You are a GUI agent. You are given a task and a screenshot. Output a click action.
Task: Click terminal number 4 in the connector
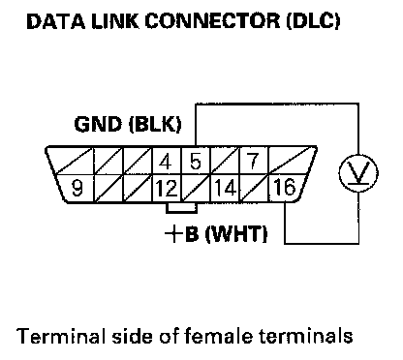click(166, 162)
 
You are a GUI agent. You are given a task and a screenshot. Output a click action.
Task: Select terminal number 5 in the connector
click(195, 162)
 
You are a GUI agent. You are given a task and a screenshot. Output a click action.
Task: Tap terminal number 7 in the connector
click(253, 161)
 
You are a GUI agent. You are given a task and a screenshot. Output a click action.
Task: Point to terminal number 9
click(77, 188)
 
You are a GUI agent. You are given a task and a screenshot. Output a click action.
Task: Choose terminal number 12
click(167, 188)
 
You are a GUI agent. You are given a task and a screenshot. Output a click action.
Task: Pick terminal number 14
click(225, 188)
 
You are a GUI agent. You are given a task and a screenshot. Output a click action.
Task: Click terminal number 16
click(284, 187)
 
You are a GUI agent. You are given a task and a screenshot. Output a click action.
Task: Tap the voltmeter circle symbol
click(358, 173)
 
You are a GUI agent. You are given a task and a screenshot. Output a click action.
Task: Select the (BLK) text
click(155, 125)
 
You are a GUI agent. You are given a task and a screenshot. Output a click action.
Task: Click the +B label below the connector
click(182, 233)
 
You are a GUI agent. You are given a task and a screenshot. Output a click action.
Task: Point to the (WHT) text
click(236, 234)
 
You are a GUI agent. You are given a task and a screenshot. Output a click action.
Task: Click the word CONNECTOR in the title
click(212, 21)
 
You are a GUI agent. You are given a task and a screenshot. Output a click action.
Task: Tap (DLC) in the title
click(313, 21)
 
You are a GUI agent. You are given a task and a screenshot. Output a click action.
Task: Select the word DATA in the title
click(56, 22)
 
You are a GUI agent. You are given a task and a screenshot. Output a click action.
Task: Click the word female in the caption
click(219, 336)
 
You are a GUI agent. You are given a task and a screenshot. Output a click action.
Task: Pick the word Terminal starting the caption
click(61, 336)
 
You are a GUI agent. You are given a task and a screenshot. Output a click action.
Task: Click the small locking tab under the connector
click(181, 208)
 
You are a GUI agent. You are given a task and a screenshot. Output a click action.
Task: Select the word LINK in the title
click(115, 22)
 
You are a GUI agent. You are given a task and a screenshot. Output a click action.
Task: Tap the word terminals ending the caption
click(306, 336)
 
